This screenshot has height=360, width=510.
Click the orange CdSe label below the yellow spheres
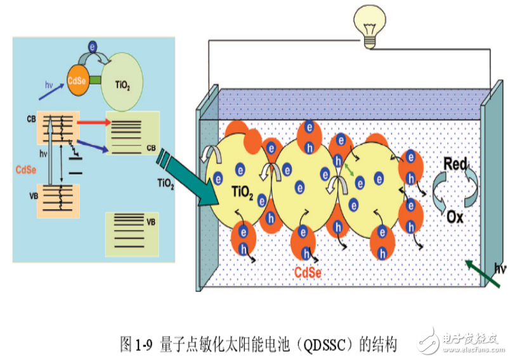click(308, 273)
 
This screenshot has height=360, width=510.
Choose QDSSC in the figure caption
click(330, 345)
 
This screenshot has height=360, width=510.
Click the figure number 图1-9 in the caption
click(137, 345)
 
